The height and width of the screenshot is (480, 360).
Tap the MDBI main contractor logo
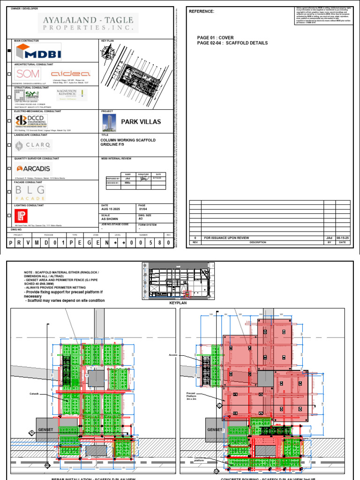click(x=38, y=52)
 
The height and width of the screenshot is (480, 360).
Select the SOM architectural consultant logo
click(x=28, y=74)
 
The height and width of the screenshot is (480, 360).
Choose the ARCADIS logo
click(x=34, y=169)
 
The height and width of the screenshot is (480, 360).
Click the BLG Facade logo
click(x=30, y=192)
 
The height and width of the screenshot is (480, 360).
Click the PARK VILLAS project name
click(x=141, y=121)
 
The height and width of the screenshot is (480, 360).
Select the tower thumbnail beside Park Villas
click(x=109, y=122)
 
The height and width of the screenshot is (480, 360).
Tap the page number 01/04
click(x=143, y=210)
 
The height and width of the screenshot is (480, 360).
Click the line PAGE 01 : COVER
click(x=216, y=37)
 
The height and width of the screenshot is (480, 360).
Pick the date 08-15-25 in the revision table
click(x=343, y=238)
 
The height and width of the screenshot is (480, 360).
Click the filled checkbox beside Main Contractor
click(x=9, y=52)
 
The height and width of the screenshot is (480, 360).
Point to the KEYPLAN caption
click(x=174, y=303)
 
